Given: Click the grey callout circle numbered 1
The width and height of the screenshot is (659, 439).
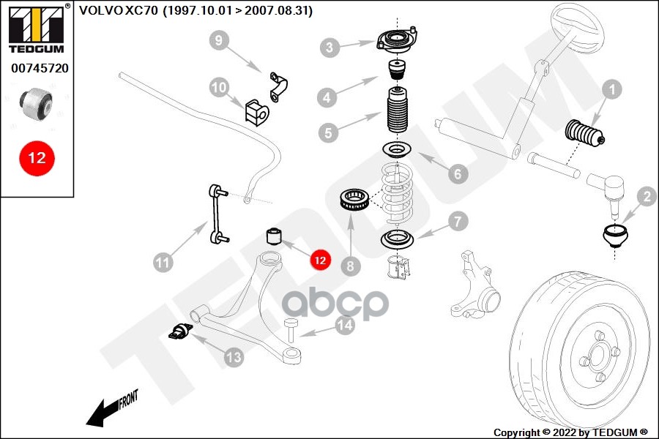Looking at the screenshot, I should [x=611, y=91].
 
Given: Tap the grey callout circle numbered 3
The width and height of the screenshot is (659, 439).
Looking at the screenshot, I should [x=330, y=48].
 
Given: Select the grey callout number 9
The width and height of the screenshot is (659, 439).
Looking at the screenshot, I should [x=219, y=41].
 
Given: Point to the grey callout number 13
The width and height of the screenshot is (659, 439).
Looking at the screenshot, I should [x=233, y=358].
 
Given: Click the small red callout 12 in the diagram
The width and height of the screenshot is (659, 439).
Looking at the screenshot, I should [x=319, y=258].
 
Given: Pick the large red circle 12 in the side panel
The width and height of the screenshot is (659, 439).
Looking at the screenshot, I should [x=37, y=157].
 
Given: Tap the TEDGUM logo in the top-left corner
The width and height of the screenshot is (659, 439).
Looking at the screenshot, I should [x=37, y=29].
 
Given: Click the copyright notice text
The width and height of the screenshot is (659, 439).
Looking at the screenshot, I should [x=571, y=432].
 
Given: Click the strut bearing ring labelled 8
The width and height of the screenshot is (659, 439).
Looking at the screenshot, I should [x=355, y=200].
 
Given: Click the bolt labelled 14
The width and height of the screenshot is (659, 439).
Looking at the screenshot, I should [x=291, y=329].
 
